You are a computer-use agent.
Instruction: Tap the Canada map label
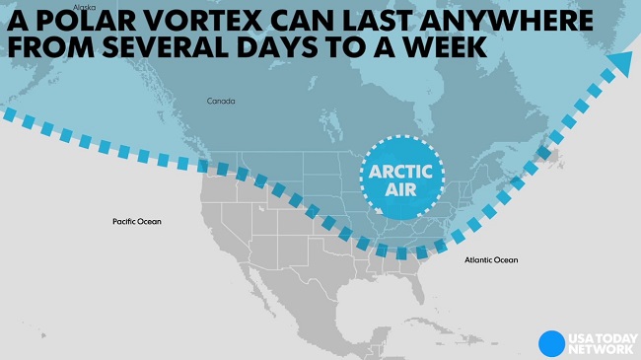[220, 102]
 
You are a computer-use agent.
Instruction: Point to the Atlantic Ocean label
[490, 259]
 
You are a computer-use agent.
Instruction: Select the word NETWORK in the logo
[598, 349]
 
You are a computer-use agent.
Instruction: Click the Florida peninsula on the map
[421, 286]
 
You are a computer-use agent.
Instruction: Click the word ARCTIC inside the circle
[402, 170]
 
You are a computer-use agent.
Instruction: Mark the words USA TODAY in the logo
[598, 336]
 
